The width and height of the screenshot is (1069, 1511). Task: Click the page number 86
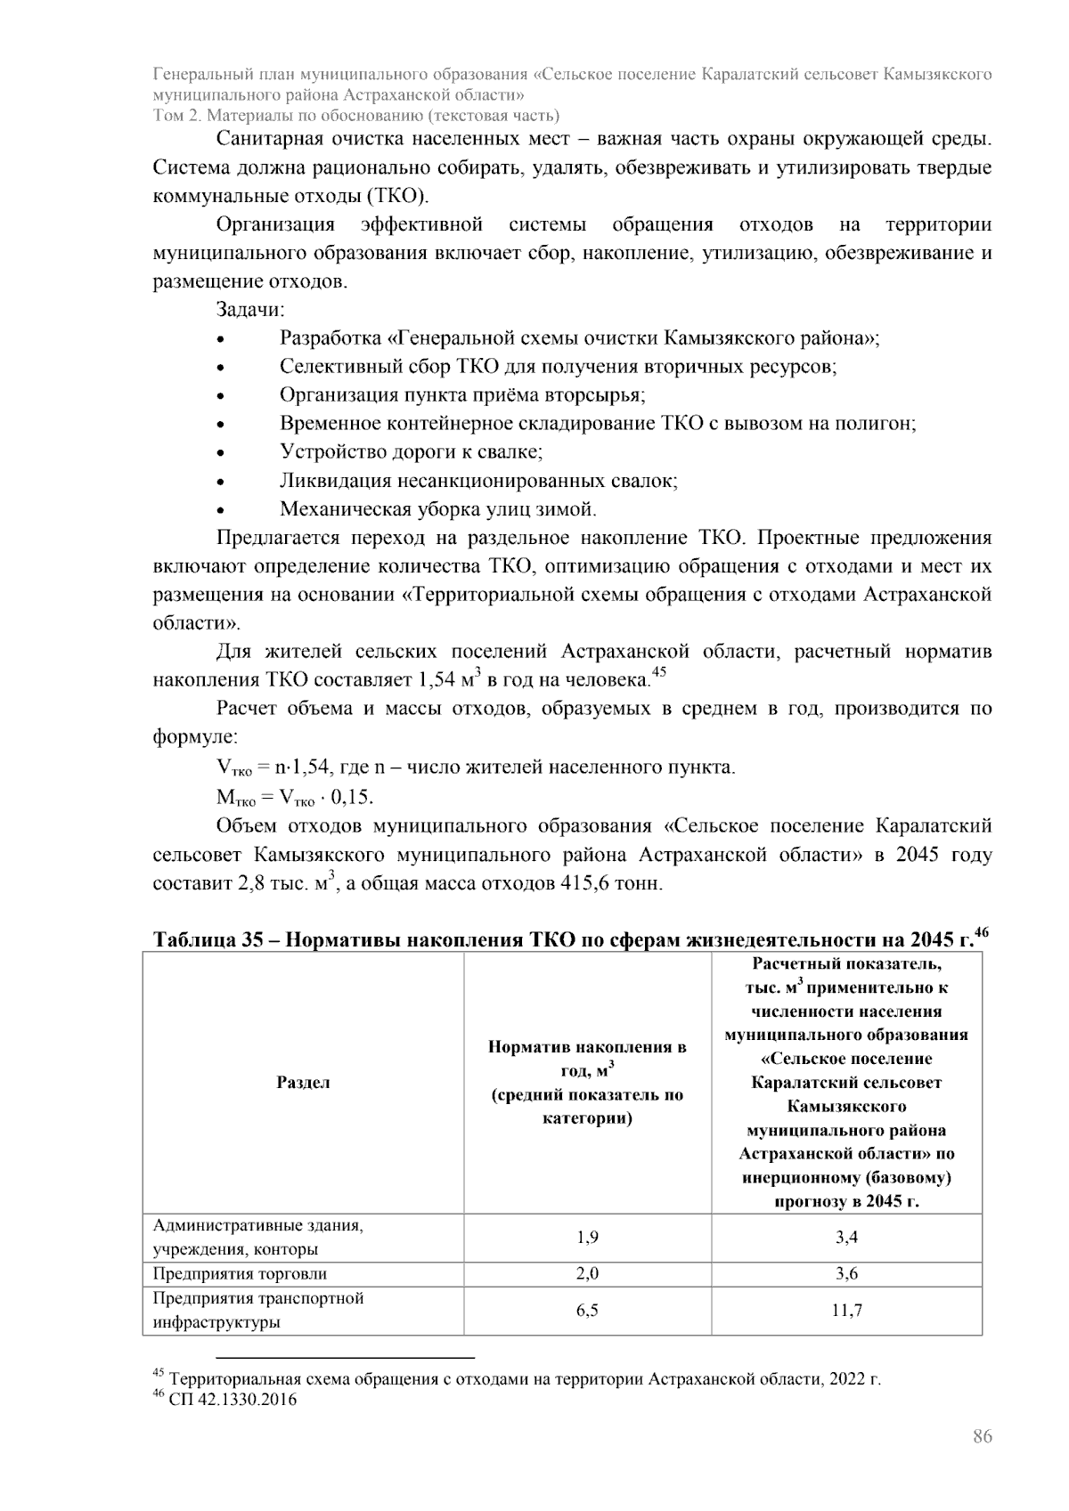click(x=982, y=1436)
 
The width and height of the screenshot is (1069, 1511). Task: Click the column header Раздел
click(x=303, y=1083)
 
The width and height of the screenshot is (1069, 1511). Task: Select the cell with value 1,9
click(x=587, y=1238)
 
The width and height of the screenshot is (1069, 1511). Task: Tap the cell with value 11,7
click(x=846, y=1311)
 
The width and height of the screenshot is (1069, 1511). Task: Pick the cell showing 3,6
click(x=846, y=1274)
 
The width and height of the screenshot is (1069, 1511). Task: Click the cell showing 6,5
click(x=587, y=1311)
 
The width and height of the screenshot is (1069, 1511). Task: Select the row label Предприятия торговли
click(x=240, y=1274)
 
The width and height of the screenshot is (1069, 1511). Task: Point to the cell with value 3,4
click(x=846, y=1238)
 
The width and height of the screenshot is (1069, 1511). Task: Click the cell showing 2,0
click(x=587, y=1274)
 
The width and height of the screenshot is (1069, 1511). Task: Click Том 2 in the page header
click(x=176, y=116)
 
